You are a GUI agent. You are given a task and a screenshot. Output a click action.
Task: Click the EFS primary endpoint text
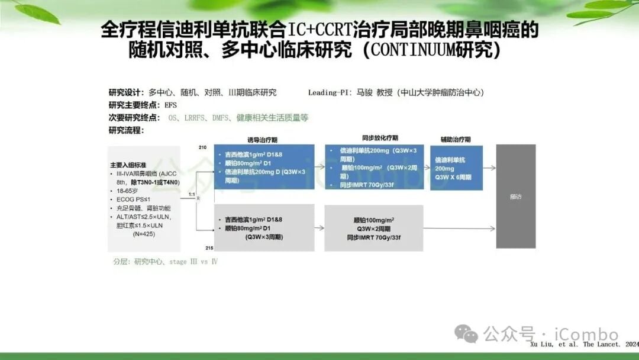click(x=170, y=105)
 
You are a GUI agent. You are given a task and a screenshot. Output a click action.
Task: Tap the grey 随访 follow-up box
click(x=515, y=196)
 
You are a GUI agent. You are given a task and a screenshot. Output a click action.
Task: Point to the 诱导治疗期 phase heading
click(x=263, y=139)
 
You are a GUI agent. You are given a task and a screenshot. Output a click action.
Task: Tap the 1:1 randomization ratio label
click(x=191, y=194)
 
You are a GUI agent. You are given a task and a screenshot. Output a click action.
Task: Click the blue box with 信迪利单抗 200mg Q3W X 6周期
click(x=457, y=168)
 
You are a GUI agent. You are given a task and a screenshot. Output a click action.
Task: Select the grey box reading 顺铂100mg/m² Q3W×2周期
click(x=374, y=228)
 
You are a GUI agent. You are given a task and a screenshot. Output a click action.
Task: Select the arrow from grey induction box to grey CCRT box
click(x=319, y=228)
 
